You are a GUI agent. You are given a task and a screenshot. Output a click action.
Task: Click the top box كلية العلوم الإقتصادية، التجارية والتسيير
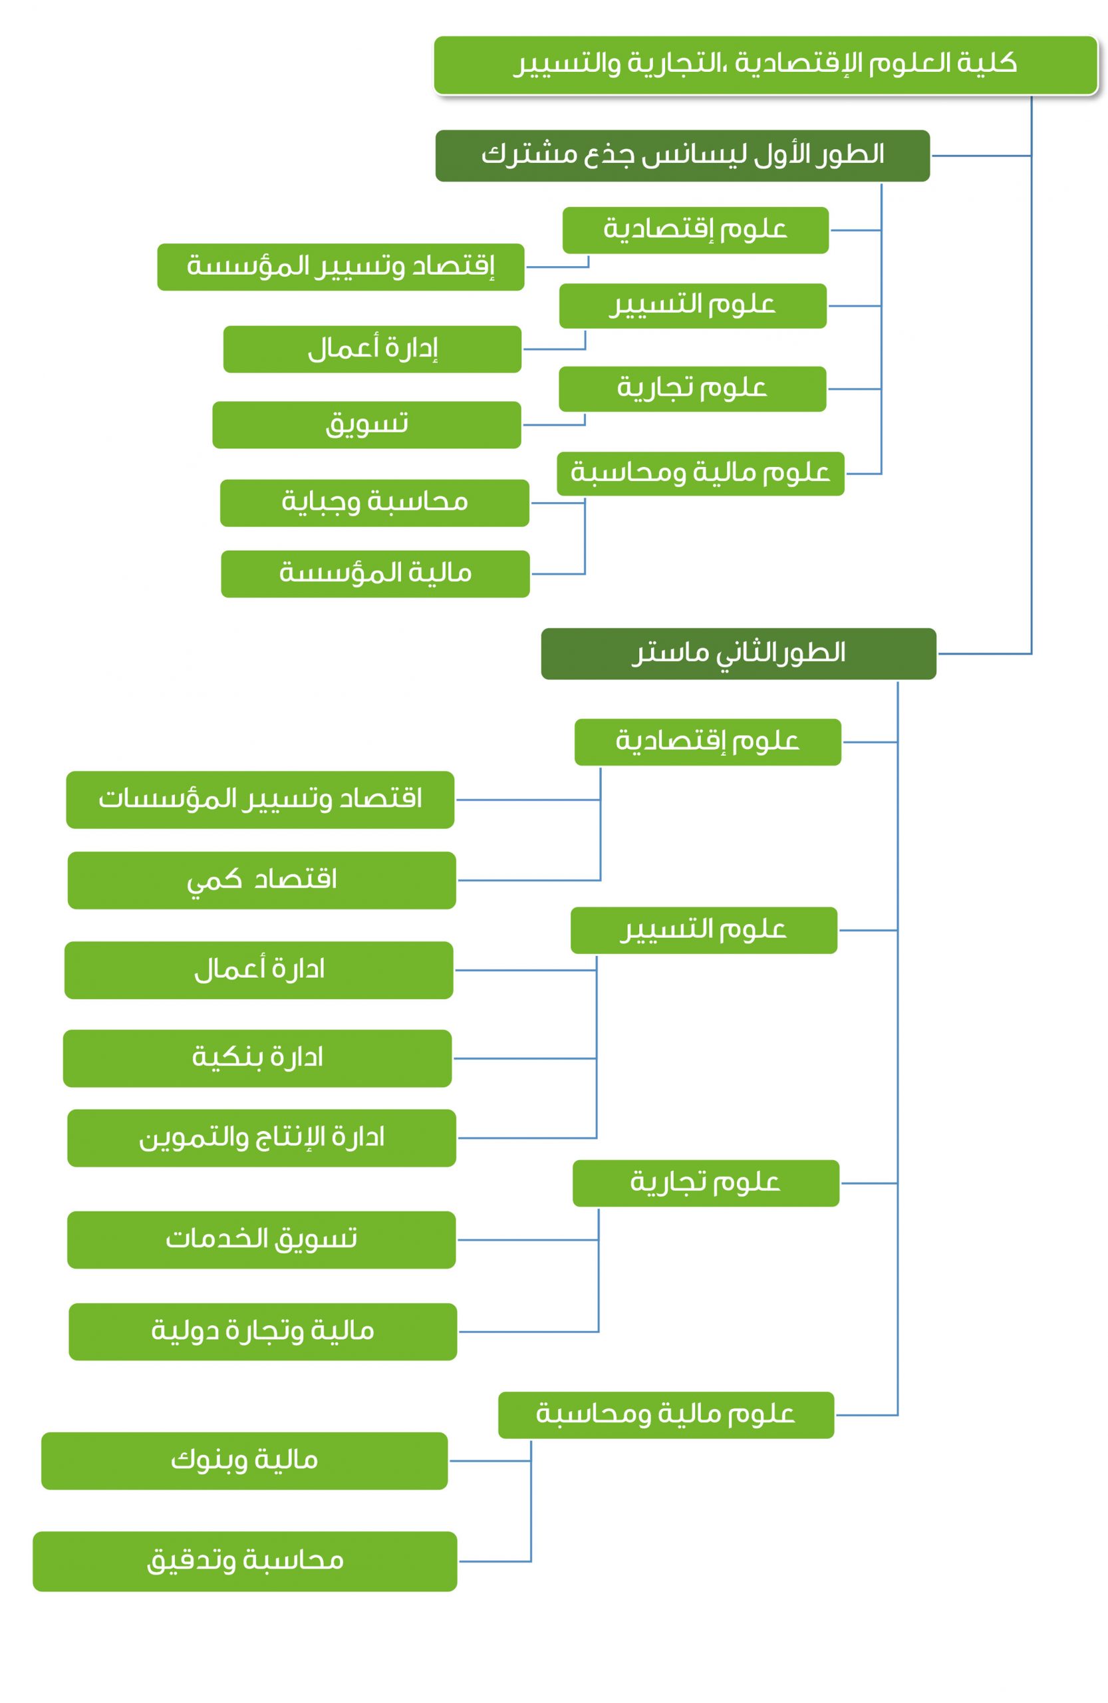click(765, 65)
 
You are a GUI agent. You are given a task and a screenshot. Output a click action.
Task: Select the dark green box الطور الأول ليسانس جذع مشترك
click(682, 155)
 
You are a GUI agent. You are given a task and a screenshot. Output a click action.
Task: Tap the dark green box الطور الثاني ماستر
click(738, 653)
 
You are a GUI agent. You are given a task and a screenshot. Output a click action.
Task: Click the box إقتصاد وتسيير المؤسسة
click(341, 267)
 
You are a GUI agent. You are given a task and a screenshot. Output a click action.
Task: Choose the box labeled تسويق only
click(366, 424)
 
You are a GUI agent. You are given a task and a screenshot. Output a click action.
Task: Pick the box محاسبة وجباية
click(375, 503)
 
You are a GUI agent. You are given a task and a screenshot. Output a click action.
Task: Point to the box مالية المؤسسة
click(376, 574)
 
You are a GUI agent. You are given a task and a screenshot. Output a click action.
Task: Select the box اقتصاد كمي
click(262, 880)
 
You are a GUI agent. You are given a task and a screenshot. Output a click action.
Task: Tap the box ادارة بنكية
click(257, 1058)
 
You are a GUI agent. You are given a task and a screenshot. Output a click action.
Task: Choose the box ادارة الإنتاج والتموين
click(262, 1138)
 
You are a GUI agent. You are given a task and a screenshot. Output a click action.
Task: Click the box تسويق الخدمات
click(262, 1240)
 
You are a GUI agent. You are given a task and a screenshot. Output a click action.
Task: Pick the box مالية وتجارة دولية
click(263, 1332)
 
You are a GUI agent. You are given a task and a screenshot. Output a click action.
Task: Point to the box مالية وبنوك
click(245, 1461)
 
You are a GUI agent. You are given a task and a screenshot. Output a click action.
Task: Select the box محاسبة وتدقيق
click(245, 1561)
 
